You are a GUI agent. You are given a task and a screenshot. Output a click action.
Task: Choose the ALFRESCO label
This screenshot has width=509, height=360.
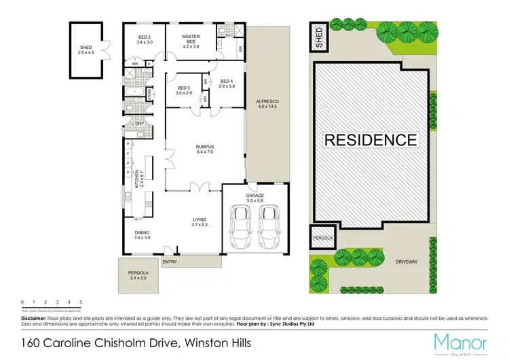[x=267, y=104]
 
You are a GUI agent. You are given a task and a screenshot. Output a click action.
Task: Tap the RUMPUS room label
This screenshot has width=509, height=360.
[x=205, y=145]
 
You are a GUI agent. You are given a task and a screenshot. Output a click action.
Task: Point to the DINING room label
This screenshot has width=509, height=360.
[x=142, y=235]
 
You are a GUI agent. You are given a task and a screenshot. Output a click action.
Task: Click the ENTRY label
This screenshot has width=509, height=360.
[x=169, y=262]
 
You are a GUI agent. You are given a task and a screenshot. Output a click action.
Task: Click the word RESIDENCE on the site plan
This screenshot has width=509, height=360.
[x=371, y=140]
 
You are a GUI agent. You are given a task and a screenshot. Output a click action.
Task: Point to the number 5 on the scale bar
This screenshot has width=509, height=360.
[x=81, y=302]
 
